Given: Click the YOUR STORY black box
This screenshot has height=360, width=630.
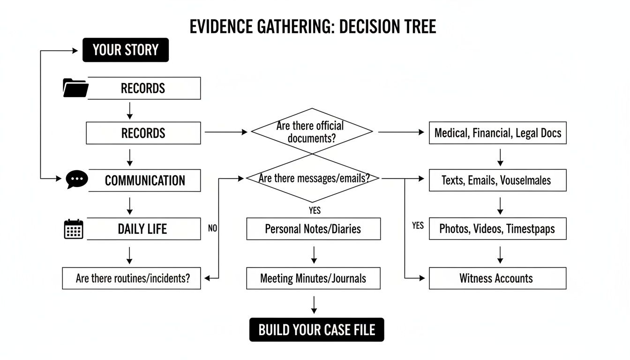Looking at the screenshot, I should pyautogui.click(x=126, y=50).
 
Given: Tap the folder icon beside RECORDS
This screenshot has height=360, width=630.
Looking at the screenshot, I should pyautogui.click(x=75, y=88).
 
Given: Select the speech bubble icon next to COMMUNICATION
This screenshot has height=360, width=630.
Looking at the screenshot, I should pyautogui.click(x=77, y=180).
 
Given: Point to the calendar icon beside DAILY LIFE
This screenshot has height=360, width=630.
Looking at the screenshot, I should pyautogui.click(x=74, y=229).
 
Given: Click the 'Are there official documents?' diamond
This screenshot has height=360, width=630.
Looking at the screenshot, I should pyautogui.click(x=312, y=132).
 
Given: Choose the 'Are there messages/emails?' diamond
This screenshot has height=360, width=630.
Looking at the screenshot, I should pyautogui.click(x=313, y=179).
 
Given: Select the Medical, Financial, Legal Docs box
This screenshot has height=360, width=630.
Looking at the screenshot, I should pyautogui.click(x=497, y=133).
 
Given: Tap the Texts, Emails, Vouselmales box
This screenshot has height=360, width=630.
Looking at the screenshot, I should pyautogui.click(x=497, y=180).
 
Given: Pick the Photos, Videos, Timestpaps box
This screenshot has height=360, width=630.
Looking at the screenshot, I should pyautogui.click(x=497, y=229).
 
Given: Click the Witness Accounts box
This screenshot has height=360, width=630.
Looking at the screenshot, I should pyautogui.click(x=497, y=278).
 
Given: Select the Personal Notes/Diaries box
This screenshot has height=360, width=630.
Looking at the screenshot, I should pyautogui.click(x=313, y=229).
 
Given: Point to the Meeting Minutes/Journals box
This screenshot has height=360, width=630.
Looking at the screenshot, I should pyautogui.click(x=313, y=278).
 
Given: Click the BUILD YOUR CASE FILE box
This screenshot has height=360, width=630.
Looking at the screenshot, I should pyautogui.click(x=316, y=330).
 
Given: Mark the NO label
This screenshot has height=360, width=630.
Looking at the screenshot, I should pyautogui.click(x=212, y=229).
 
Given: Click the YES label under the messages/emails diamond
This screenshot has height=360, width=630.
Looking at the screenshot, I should pyautogui.click(x=315, y=210).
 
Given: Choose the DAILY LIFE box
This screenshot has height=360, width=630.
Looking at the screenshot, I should pyautogui.click(x=143, y=229).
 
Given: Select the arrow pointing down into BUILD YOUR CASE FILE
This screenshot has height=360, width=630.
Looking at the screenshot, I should pyautogui.click(x=314, y=304).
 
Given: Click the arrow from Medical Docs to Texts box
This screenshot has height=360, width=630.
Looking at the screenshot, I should pyautogui.click(x=500, y=157).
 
